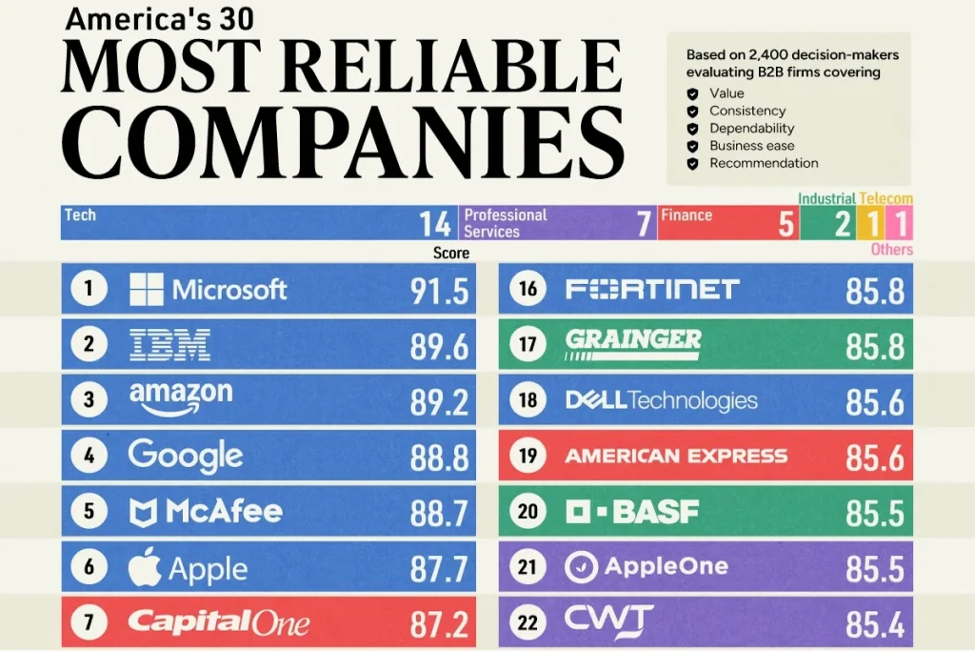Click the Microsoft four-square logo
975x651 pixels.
(146, 290)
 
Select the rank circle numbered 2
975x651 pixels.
(89, 343)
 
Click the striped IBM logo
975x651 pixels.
(169, 345)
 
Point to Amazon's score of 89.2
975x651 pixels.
(439, 402)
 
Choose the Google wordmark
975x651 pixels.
(186, 457)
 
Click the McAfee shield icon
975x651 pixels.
(143, 513)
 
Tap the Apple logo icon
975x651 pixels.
(145, 567)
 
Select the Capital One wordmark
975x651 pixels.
(218, 622)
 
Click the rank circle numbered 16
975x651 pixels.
(527, 288)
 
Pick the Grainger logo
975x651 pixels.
(633, 344)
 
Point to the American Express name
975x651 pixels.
(676, 457)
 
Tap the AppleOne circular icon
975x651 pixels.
(582, 567)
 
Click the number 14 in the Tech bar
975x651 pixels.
(434, 224)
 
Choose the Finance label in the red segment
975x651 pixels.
(686, 215)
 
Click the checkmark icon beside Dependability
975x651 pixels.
(692, 129)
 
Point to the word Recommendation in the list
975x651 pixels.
(764, 163)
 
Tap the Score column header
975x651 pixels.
(451, 253)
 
